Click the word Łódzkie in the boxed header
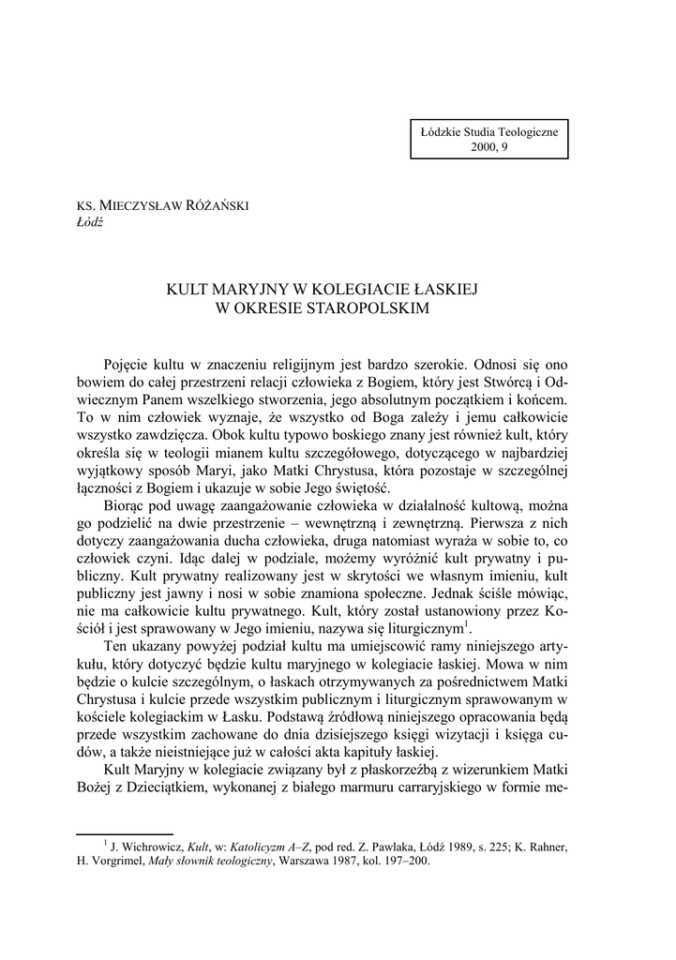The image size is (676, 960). [444, 132]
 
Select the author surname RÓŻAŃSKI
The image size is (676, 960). [217, 207]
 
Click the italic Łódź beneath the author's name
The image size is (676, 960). [88, 222]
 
